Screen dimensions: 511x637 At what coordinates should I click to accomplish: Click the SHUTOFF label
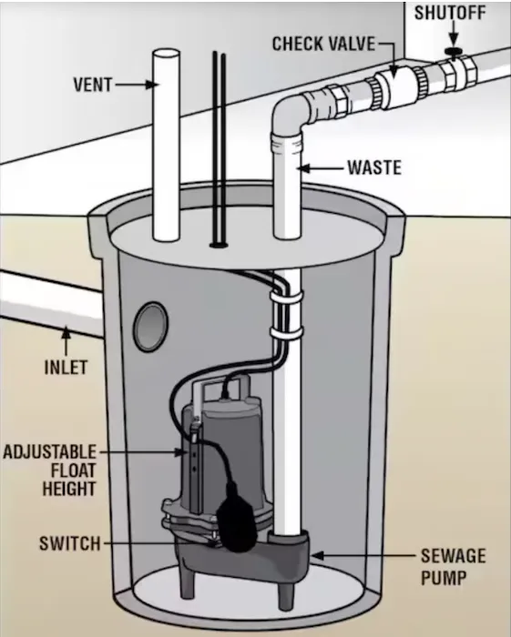(x=450, y=13)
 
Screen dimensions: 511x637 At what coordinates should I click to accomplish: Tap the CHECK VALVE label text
(x=323, y=44)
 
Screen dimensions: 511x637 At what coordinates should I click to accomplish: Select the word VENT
(x=93, y=85)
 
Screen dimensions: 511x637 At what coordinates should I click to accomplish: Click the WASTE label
(x=374, y=167)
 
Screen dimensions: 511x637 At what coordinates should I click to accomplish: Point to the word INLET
(x=66, y=368)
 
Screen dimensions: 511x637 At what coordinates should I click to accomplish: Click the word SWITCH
(x=70, y=543)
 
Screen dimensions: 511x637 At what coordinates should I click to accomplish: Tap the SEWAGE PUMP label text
(x=453, y=566)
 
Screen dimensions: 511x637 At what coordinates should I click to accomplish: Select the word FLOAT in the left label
(x=73, y=470)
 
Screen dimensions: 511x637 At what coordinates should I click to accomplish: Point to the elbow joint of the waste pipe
(x=290, y=114)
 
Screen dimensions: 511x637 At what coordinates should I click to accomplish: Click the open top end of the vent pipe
(x=166, y=55)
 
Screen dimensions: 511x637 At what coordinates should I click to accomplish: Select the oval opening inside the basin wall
(x=151, y=327)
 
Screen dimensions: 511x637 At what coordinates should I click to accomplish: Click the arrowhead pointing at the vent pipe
(x=151, y=85)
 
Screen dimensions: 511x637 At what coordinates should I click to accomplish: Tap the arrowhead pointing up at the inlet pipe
(x=66, y=332)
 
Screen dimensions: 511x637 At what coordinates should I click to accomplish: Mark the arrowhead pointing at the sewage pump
(x=318, y=555)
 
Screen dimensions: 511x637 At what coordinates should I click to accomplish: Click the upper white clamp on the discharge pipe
(x=287, y=298)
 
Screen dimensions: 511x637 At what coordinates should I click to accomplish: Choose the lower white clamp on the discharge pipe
(x=287, y=334)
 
